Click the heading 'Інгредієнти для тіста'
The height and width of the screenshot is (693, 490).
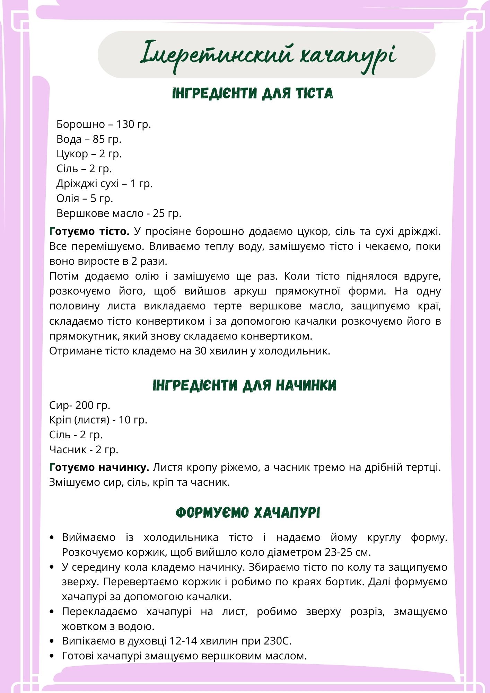pyautogui.click(x=253, y=94)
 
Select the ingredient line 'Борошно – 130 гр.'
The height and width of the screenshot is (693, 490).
pyautogui.click(x=104, y=124)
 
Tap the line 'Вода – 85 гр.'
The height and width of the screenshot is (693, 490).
pyautogui.click(x=89, y=139)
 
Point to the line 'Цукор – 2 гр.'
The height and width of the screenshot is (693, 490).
pyautogui.click(x=89, y=153)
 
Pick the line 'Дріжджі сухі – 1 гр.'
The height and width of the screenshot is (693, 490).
pyautogui.click(x=104, y=183)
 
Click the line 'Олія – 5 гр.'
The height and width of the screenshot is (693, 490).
pyautogui.click(x=85, y=198)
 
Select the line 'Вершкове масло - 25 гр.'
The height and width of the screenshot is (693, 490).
pyautogui.click(x=119, y=213)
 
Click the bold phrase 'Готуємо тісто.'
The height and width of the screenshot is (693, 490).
pyautogui.click(x=89, y=231)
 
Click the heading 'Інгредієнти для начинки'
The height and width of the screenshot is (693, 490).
pyautogui.click(x=245, y=385)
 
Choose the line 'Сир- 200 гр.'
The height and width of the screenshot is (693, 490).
pyautogui.click(x=79, y=405)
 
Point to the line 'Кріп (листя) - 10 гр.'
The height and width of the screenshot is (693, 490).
pyautogui.click(x=98, y=420)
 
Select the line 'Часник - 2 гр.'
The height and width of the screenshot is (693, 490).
pyautogui.click(x=84, y=449)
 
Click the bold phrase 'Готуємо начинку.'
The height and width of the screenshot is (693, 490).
pyautogui.click(x=99, y=467)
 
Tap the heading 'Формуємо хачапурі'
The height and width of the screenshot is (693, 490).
pyautogui.click(x=248, y=512)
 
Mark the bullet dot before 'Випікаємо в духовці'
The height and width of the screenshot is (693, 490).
pyautogui.click(x=52, y=641)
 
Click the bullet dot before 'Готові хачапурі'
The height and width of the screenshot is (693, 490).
pyautogui.click(x=52, y=656)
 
